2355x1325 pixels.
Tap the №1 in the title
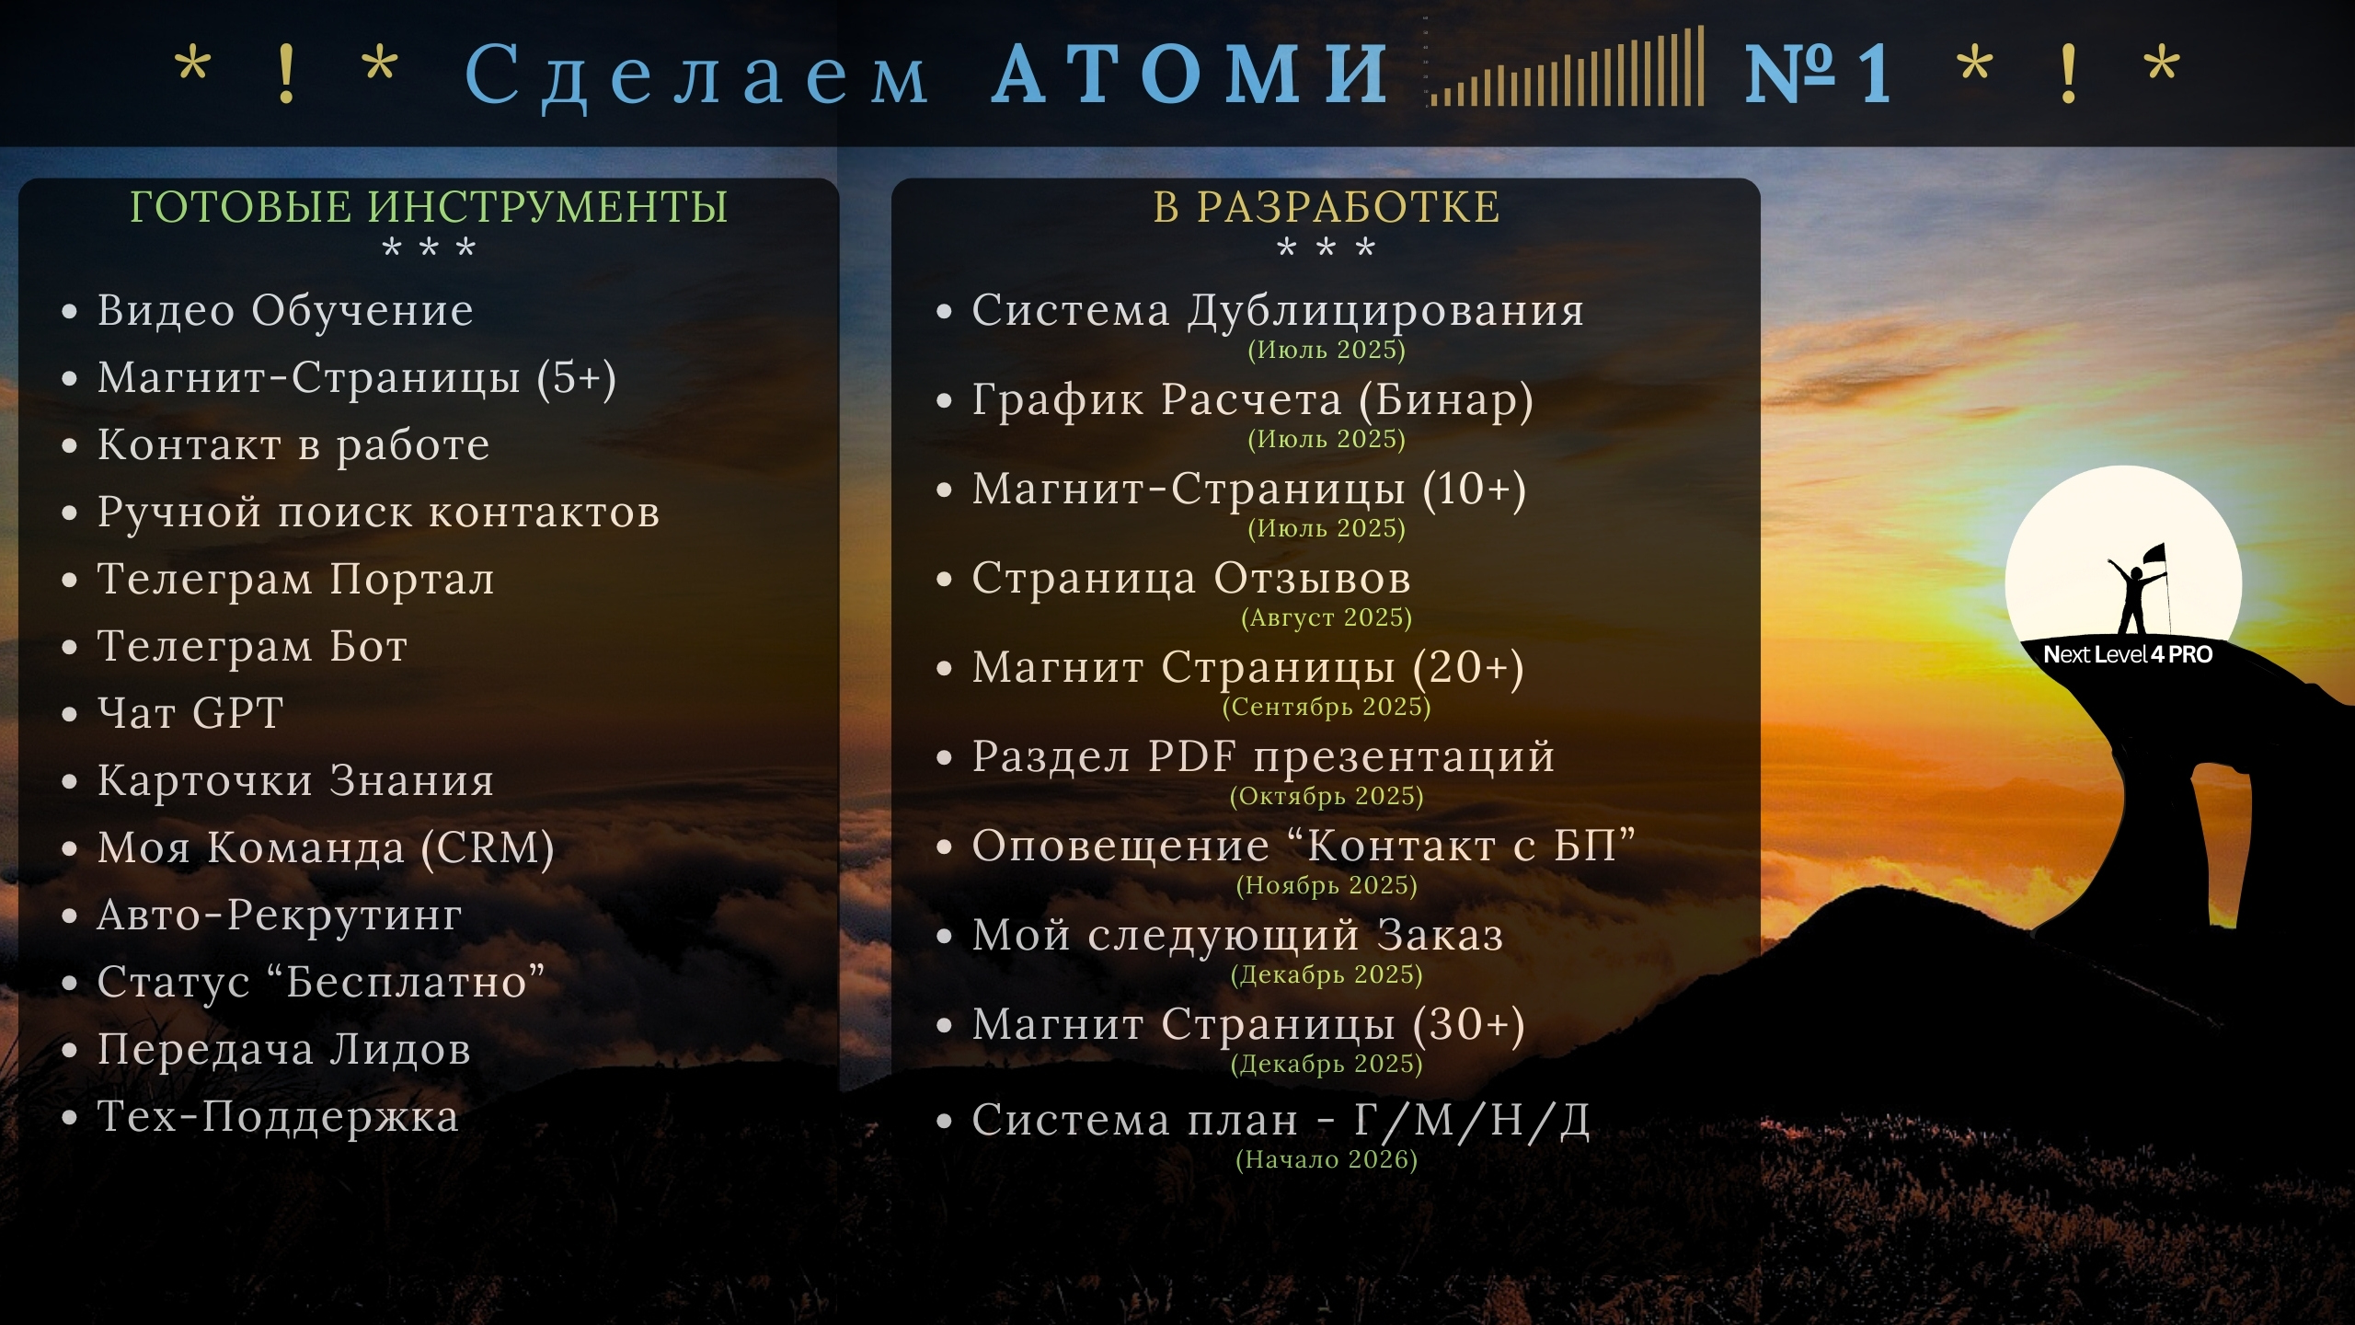1820,73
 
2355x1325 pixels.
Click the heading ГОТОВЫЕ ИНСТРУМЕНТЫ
429,206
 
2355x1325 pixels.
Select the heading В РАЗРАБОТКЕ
1327,206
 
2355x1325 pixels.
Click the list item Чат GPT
190,713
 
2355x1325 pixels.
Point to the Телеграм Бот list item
252,646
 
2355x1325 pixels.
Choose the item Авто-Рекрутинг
280,916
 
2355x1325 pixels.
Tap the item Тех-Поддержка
278,1117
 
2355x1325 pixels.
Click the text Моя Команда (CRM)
326,848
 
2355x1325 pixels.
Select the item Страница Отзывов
1191,579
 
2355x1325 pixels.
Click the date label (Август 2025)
1327,617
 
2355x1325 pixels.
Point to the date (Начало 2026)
1327,1159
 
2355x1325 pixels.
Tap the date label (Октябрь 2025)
1327,796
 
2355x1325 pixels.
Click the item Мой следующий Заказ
1238,936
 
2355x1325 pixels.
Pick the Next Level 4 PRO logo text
2128,654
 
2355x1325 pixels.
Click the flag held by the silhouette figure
2154,555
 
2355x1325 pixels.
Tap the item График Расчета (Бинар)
1253,401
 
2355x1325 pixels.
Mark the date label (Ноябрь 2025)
1327,885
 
